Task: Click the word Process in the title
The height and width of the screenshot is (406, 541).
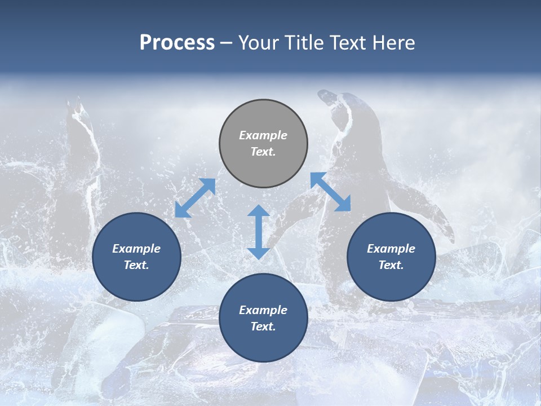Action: click(x=177, y=43)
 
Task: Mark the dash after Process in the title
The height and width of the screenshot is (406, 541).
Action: click(x=226, y=44)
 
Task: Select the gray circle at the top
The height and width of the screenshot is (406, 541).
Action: click(x=263, y=144)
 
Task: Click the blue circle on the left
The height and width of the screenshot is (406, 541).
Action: click(x=136, y=257)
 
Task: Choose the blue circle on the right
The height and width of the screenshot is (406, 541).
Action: click(x=391, y=257)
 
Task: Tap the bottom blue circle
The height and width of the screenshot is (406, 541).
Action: click(x=263, y=318)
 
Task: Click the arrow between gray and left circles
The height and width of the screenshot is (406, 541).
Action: click(x=195, y=198)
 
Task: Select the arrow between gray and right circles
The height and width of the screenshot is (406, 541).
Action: click(x=331, y=192)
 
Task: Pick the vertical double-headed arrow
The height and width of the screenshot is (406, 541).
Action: click(x=259, y=232)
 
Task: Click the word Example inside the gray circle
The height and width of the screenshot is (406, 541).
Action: click(x=263, y=135)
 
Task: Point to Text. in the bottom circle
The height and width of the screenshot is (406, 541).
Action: click(x=263, y=326)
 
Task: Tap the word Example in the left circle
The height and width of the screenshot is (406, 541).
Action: click(x=136, y=249)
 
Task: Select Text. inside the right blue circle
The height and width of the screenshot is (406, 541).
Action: click(x=391, y=265)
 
